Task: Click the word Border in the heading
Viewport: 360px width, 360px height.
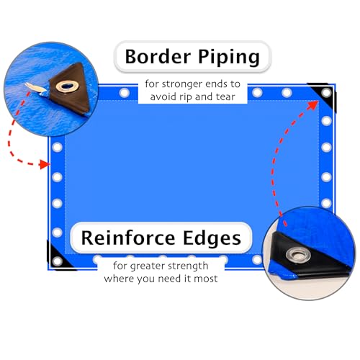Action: coord(158,57)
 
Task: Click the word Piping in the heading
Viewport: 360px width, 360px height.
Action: coord(229,58)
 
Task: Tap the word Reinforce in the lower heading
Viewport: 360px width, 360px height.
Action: coord(128,238)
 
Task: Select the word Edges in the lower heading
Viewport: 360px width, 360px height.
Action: coord(212,238)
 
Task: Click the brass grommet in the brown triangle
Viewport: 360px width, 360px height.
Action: coord(68,86)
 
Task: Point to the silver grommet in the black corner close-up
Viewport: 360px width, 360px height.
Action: coord(299,255)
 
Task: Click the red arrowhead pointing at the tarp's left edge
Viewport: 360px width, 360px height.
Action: coord(45,164)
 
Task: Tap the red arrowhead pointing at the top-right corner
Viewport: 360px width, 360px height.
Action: coord(313,106)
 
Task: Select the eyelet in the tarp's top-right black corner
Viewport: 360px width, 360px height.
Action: coord(326,93)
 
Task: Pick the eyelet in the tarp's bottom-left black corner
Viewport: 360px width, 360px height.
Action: coord(57,261)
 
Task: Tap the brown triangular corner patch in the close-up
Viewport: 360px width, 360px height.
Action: coord(71,88)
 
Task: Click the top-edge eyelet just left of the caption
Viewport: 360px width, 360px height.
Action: coord(125,93)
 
